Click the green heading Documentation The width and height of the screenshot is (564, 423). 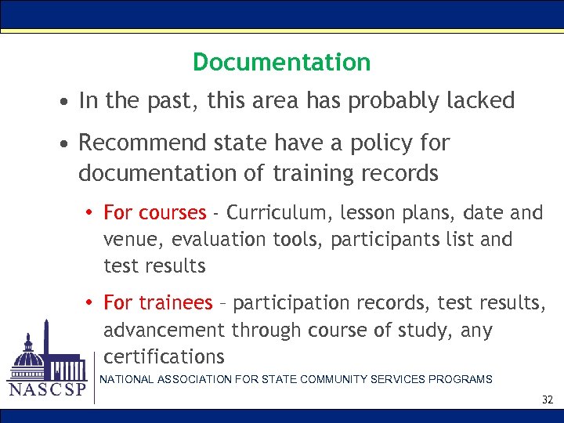click(281, 62)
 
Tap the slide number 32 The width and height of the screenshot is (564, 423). click(548, 400)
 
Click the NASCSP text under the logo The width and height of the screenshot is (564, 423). click(46, 390)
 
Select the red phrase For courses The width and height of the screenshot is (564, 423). click(154, 212)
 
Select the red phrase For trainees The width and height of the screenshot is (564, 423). click(157, 302)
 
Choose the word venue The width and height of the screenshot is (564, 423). click(130, 239)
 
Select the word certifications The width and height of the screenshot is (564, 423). click(164, 356)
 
